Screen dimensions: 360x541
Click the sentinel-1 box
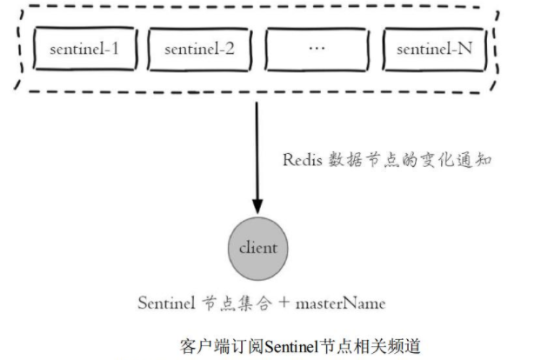tap(84, 50)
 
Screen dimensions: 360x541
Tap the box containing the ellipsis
tap(316, 50)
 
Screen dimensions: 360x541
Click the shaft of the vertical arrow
tap(257, 148)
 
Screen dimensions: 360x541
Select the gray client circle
tap(257, 248)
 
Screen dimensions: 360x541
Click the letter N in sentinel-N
tap(465, 50)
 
